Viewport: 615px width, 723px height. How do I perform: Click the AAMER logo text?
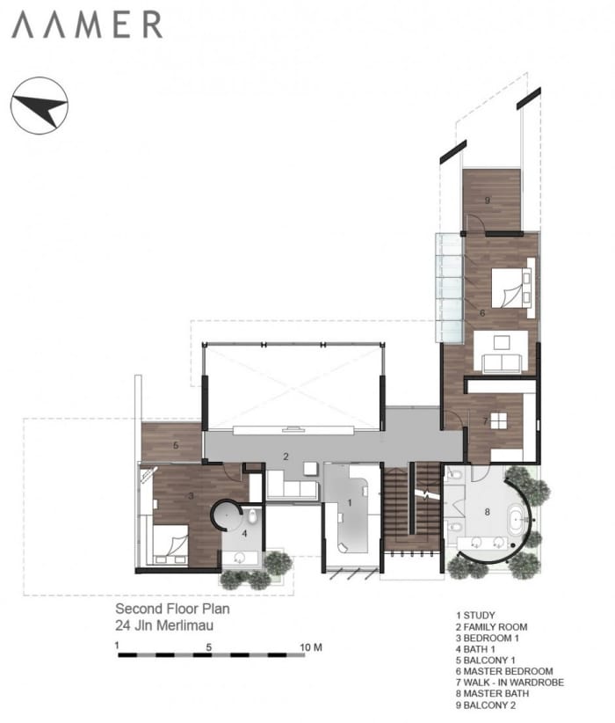(x=87, y=25)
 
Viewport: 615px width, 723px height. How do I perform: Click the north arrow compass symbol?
(x=40, y=106)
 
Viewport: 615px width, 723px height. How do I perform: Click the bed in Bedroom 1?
(x=170, y=545)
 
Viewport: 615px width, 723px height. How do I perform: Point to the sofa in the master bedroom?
(x=502, y=363)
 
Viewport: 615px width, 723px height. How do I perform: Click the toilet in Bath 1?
(x=252, y=516)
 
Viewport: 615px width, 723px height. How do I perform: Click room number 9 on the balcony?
(x=488, y=201)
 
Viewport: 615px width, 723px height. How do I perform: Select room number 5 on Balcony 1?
(x=176, y=445)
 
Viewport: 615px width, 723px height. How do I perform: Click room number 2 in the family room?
(x=286, y=456)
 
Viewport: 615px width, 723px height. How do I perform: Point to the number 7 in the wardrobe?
(x=485, y=421)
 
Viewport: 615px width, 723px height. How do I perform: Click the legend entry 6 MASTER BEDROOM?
(x=504, y=671)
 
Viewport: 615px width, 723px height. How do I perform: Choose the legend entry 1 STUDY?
(x=475, y=616)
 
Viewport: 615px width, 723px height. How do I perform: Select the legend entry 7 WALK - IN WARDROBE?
(x=510, y=683)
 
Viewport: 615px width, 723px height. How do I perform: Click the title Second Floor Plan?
(x=172, y=609)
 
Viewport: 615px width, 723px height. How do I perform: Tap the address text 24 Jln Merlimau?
(x=164, y=625)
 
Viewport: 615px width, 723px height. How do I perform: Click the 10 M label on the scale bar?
(x=311, y=647)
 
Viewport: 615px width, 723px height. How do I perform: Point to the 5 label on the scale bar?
(x=209, y=647)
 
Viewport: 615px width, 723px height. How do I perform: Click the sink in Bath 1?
(x=240, y=559)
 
